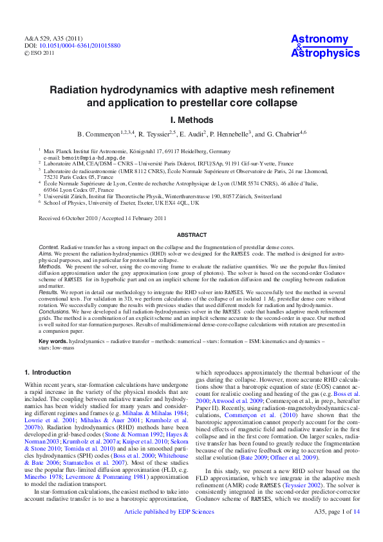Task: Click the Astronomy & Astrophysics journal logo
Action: tap(325, 46)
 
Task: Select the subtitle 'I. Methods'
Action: tap(191, 120)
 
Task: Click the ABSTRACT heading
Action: tap(191, 236)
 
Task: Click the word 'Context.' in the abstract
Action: tap(49, 247)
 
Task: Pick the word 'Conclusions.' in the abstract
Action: tap(55, 310)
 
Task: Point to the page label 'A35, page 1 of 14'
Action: tap(335, 529)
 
